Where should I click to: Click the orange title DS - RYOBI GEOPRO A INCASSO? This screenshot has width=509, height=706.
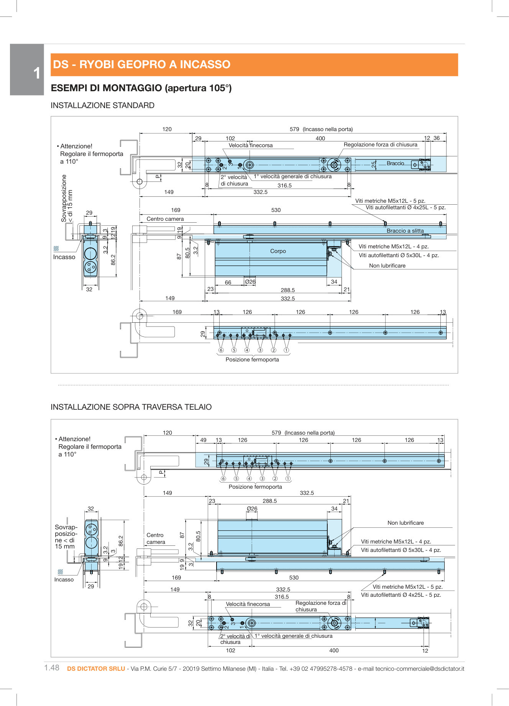pos(141,64)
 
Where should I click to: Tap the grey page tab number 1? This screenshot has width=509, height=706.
pos(36,73)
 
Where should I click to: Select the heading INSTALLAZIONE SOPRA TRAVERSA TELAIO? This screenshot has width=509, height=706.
pos(131,407)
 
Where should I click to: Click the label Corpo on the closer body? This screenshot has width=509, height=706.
pos(278,251)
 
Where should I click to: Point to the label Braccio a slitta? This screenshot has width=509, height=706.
pos(405,231)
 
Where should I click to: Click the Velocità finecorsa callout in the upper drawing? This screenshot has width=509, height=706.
pos(251,145)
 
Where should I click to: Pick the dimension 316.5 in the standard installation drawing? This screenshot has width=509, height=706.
pos(284,186)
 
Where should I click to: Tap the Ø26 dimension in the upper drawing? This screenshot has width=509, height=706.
pos(250,282)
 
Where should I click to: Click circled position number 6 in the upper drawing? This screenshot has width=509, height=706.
pos(221,350)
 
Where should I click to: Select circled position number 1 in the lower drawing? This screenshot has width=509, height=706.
pos(288,478)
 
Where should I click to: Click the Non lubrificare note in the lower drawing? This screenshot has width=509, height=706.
pos(406,523)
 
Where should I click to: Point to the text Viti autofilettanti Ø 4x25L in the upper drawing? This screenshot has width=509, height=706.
pos(406,207)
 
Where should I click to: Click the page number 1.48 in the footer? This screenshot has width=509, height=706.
pos(52,668)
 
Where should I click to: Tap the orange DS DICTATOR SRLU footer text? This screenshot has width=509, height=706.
pos(96,668)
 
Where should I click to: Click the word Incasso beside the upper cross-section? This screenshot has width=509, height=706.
pos(64,257)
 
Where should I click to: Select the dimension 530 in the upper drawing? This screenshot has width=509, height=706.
pos(276,210)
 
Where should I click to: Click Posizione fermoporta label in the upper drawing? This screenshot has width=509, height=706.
pos(252,360)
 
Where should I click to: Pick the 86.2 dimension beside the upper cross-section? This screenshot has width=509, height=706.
pos(113,260)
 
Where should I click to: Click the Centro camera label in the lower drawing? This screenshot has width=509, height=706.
pos(156,539)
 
